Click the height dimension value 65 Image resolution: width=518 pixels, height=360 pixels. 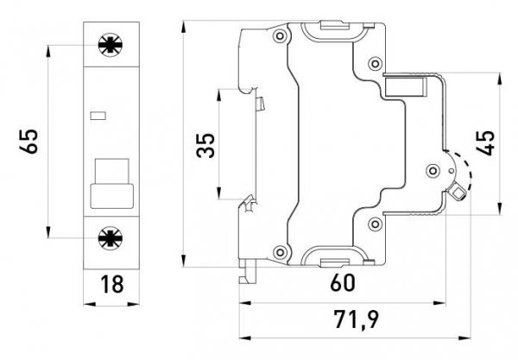click(x=31, y=141)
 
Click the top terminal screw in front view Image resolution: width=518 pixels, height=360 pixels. click(x=110, y=45)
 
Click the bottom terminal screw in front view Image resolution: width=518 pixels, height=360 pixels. click(x=110, y=237)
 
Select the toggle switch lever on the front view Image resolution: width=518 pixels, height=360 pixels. click(x=110, y=181)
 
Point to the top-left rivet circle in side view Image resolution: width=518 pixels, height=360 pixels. click(x=277, y=37)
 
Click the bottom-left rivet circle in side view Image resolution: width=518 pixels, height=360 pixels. click(x=277, y=253)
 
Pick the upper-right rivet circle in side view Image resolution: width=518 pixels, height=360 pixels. click(x=376, y=63)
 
